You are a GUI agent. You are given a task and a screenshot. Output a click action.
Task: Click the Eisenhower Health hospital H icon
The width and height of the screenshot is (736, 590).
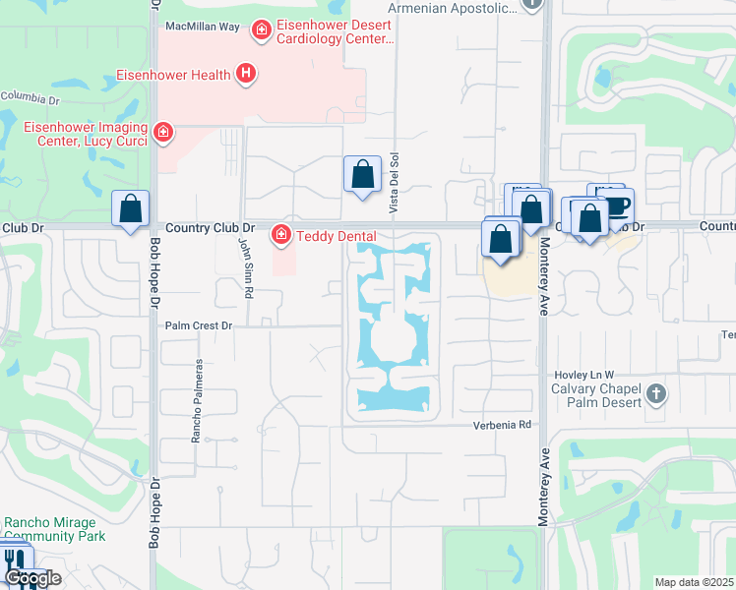pos(246,74)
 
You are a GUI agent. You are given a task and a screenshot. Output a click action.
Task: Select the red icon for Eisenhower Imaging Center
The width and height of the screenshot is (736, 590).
pos(163,132)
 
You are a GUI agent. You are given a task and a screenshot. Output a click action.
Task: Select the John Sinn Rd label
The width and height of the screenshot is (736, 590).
pos(247,272)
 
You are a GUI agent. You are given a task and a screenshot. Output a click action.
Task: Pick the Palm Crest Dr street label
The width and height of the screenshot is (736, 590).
pos(199,325)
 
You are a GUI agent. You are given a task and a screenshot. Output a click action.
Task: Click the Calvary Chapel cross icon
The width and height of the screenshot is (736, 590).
pos(656,395)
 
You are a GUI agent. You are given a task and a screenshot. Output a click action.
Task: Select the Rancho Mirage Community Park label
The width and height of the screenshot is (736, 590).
pos(54,529)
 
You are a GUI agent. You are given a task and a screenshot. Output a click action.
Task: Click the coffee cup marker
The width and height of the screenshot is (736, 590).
pos(617,206)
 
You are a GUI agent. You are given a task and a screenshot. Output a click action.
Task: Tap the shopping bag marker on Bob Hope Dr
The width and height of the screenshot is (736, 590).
pos(130,208)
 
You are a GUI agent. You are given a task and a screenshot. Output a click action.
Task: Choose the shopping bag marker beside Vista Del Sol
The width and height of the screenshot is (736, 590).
pos(362,174)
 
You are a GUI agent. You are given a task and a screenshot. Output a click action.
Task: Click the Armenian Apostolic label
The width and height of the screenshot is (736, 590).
pos(452,8)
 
